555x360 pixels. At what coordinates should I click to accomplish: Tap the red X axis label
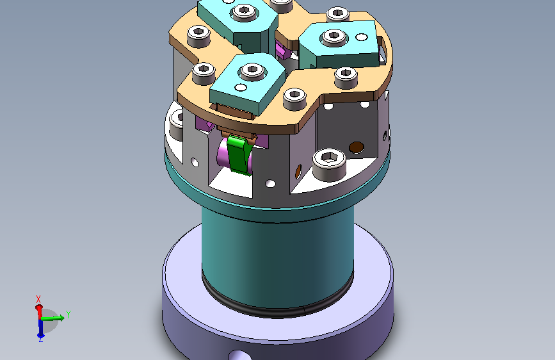coord(38,299)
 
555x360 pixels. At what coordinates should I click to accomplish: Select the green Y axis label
coord(68,315)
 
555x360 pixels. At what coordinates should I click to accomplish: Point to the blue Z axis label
coord(41,340)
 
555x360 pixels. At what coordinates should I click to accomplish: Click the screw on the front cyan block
coord(252,71)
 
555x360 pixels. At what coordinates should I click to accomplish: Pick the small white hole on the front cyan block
coord(241,87)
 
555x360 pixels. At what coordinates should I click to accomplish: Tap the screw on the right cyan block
coord(334,37)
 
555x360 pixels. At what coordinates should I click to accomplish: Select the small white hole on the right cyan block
coord(362,37)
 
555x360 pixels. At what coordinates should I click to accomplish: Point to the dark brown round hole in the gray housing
coord(357,147)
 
